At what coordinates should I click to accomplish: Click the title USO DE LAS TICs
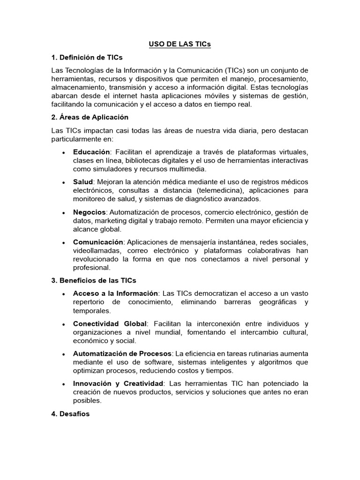tap(180, 44)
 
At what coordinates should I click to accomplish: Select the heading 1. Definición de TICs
tap(87, 57)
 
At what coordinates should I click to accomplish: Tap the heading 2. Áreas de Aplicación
tap(90, 117)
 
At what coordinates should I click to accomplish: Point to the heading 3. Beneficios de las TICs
tap(94, 280)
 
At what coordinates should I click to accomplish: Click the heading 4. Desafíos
tap(70, 414)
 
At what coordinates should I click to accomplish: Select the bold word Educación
tap(91, 152)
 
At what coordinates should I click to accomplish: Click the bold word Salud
tap(83, 181)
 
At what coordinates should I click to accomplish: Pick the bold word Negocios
tap(90, 212)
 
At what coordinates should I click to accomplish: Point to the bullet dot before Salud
tap(63, 182)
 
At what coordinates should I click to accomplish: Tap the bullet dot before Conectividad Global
tap(63, 324)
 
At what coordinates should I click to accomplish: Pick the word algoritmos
tap(272, 361)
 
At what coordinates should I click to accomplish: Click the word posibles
tap(87, 401)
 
